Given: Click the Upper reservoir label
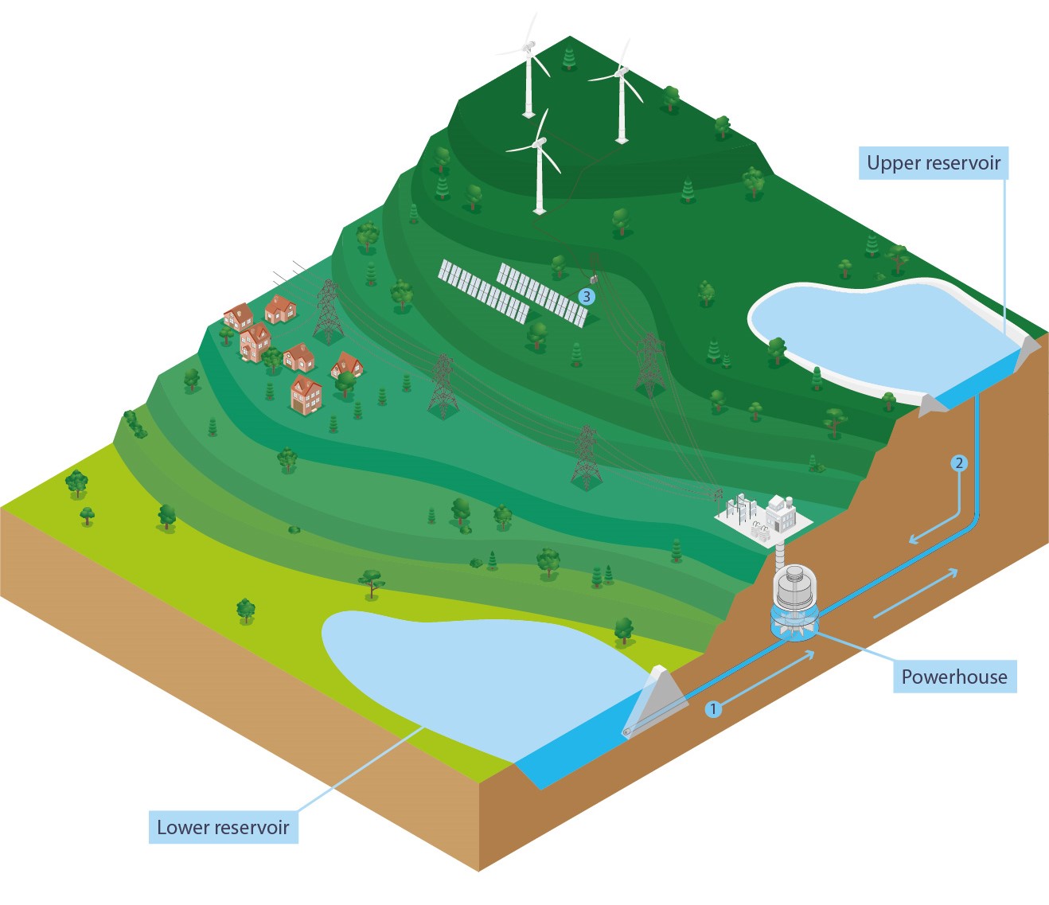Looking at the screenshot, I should pyautogui.click(x=933, y=163).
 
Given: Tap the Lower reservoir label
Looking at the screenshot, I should pyautogui.click(x=223, y=827).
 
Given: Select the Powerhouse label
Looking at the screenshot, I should pyautogui.click(x=953, y=677).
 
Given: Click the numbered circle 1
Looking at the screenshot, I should pyautogui.click(x=714, y=708).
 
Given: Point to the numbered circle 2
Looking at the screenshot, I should pyautogui.click(x=959, y=463).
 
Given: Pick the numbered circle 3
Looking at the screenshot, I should pyautogui.click(x=587, y=297).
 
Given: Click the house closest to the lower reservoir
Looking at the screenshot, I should pyautogui.click(x=306, y=396).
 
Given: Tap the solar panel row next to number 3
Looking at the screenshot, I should pyautogui.click(x=542, y=295).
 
